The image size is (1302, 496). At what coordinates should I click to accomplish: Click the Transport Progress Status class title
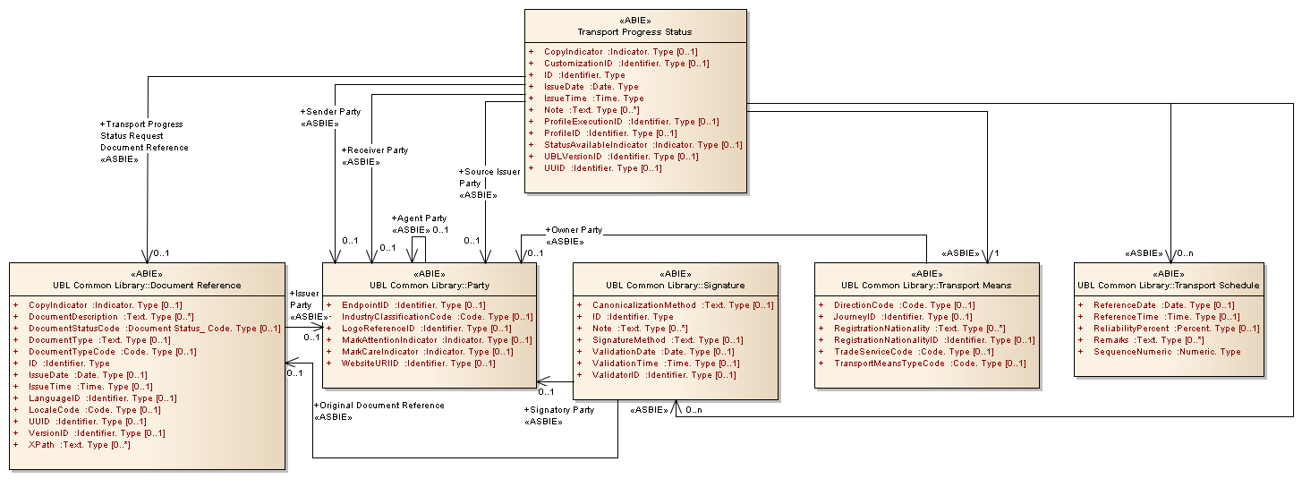(x=634, y=32)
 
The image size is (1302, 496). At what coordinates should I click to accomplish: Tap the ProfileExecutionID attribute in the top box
(x=632, y=122)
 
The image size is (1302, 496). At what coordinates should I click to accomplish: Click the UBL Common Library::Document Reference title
(x=147, y=286)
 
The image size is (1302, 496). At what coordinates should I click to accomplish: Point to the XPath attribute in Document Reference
(x=80, y=445)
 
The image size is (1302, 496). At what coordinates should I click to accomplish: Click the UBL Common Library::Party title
(x=429, y=286)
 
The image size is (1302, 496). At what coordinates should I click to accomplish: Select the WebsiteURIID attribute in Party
(x=419, y=363)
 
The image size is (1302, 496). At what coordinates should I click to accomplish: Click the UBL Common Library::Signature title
(x=675, y=286)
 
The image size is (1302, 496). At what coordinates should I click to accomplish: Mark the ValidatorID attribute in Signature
(x=664, y=375)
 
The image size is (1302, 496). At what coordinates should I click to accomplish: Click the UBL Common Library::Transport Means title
(x=926, y=286)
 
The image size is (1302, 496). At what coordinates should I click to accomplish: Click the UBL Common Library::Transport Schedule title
(x=1169, y=286)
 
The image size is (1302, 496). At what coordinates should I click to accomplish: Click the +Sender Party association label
(x=330, y=112)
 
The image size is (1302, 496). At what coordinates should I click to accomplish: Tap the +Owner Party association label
(x=574, y=230)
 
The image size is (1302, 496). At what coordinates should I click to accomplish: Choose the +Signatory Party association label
(x=559, y=410)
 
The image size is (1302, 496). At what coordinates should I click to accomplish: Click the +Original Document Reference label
(x=379, y=406)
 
